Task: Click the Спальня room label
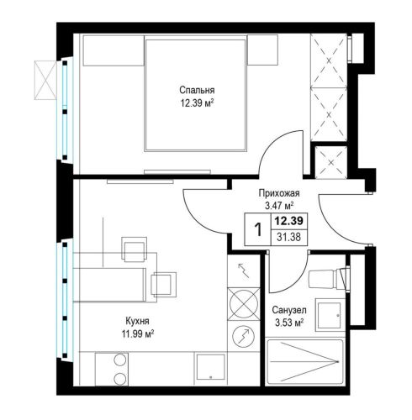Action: tap(197, 90)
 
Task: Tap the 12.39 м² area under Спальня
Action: tap(197, 103)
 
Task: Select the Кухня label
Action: tap(137, 321)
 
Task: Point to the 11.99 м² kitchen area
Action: tap(138, 333)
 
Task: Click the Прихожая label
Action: tap(279, 193)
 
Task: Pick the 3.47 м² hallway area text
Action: tap(279, 206)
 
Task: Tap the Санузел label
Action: tap(289, 310)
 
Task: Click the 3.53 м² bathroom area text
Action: tap(289, 323)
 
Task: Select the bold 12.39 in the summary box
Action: tap(288, 221)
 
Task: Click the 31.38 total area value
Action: tap(288, 238)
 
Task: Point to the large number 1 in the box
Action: tap(258, 229)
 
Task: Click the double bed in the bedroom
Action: tap(195, 96)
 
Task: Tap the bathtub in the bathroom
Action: tap(305, 361)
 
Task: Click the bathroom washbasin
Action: tap(328, 314)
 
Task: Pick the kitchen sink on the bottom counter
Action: tap(211, 367)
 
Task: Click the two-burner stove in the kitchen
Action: tap(112, 369)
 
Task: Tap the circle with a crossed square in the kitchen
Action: tap(244, 304)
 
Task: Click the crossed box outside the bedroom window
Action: tap(45, 80)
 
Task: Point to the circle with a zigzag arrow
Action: tap(244, 337)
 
